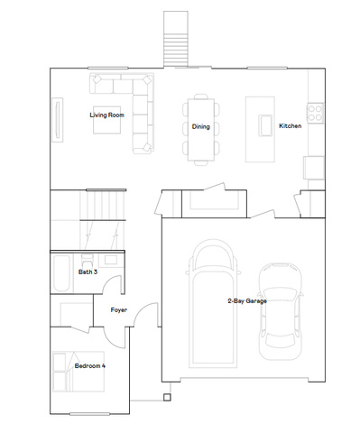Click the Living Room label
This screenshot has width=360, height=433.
click(106, 115)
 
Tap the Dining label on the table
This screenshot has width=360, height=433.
click(201, 126)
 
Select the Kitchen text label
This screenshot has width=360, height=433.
click(291, 125)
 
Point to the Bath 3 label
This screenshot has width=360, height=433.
click(88, 272)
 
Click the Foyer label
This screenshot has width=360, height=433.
click(119, 309)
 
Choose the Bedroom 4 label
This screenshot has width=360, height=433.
click(90, 365)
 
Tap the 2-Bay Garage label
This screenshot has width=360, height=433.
click(247, 300)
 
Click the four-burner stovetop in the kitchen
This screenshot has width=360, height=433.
click(316, 113)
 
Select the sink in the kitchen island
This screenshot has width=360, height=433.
click(265, 125)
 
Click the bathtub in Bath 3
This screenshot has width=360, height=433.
click(61, 273)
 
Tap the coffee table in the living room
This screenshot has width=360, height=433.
click(107, 120)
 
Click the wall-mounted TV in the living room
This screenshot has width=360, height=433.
click(58, 120)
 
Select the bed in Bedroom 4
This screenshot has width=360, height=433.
click(78, 372)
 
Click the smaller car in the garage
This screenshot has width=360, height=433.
click(281, 311)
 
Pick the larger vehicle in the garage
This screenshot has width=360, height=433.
click(213, 304)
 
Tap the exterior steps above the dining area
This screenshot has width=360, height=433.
click(176, 39)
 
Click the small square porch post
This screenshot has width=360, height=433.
click(167, 397)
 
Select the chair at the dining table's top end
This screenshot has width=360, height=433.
click(201, 97)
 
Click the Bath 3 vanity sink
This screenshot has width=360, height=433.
click(111, 260)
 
